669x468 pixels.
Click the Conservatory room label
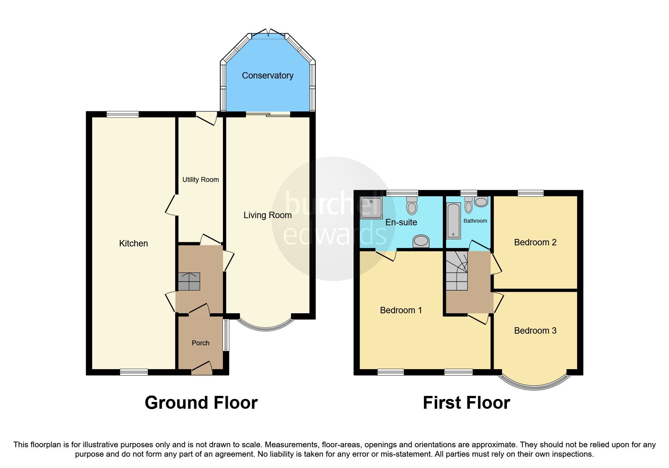pyautogui.click(x=267, y=75)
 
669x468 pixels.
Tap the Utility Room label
pyautogui.click(x=200, y=180)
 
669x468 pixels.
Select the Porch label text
pyautogui.click(x=200, y=343)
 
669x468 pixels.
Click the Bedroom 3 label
pyautogui.click(x=535, y=331)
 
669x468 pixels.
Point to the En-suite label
pyautogui.click(x=401, y=222)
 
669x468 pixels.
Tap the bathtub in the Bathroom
pyautogui.click(x=453, y=221)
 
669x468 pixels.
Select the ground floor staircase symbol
pyautogui.click(x=189, y=282)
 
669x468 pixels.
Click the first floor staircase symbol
pyautogui.click(x=457, y=271)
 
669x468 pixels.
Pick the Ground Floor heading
pyautogui.click(x=201, y=403)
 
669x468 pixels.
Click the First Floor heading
pyautogui.click(x=466, y=403)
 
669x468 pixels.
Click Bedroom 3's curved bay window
pyautogui.click(x=535, y=385)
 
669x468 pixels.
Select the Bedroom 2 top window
pyautogui.click(x=530, y=193)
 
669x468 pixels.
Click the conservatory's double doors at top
pyautogui.click(x=269, y=34)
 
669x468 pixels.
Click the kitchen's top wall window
pyautogui.click(x=122, y=114)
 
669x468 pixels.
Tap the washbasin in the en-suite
pyautogui.click(x=421, y=241)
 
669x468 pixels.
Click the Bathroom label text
pyautogui.click(x=475, y=221)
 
